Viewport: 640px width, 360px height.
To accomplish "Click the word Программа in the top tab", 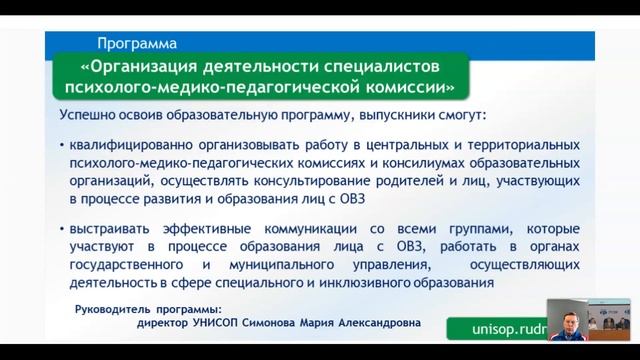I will (x=138, y=43).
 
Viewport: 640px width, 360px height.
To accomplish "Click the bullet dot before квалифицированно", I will (x=62, y=145).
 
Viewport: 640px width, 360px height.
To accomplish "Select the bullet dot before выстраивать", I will (x=62, y=228).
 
